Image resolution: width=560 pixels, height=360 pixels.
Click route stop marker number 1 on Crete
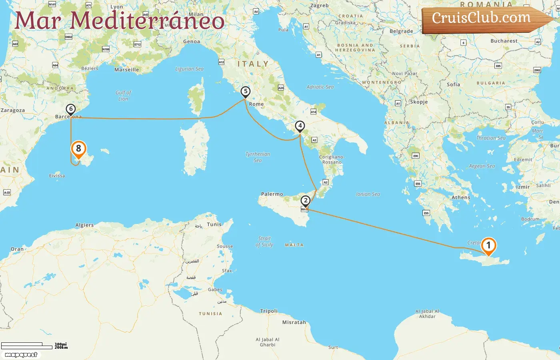pyautogui.click(x=488, y=246)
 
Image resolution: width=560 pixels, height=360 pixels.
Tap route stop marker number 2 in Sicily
pyautogui.click(x=306, y=200)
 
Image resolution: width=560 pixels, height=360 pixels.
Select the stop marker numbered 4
pyautogui.click(x=300, y=126)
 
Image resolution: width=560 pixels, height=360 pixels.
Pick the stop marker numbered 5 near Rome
pyautogui.click(x=246, y=92)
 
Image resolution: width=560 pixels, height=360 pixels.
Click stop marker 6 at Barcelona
pyautogui.click(x=71, y=109)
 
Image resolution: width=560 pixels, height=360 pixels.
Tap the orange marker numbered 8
pyautogui.click(x=78, y=149)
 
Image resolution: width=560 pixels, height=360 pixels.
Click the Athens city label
pyautogui.click(x=461, y=197)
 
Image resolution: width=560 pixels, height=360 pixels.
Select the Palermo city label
pyautogui.click(x=272, y=194)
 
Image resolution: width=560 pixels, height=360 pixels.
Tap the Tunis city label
pyautogui.click(x=214, y=224)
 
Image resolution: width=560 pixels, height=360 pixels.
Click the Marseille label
pyautogui.click(x=127, y=70)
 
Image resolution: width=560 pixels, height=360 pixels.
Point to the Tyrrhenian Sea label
pyautogui.click(x=258, y=157)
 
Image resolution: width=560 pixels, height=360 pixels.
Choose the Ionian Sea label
pyautogui.click(x=368, y=194)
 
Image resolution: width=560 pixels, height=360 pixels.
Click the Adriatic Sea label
pyautogui.click(x=320, y=87)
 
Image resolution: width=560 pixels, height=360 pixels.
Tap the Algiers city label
pyautogui.click(x=84, y=225)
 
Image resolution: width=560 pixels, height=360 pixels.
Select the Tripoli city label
pyautogui.click(x=269, y=311)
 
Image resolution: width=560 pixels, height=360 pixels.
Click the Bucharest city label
pyautogui.click(x=504, y=41)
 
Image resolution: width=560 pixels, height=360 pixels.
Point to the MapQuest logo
pyautogui.click(x=21, y=355)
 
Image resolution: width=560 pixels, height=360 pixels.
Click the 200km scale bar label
pyautogui.click(x=61, y=348)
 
